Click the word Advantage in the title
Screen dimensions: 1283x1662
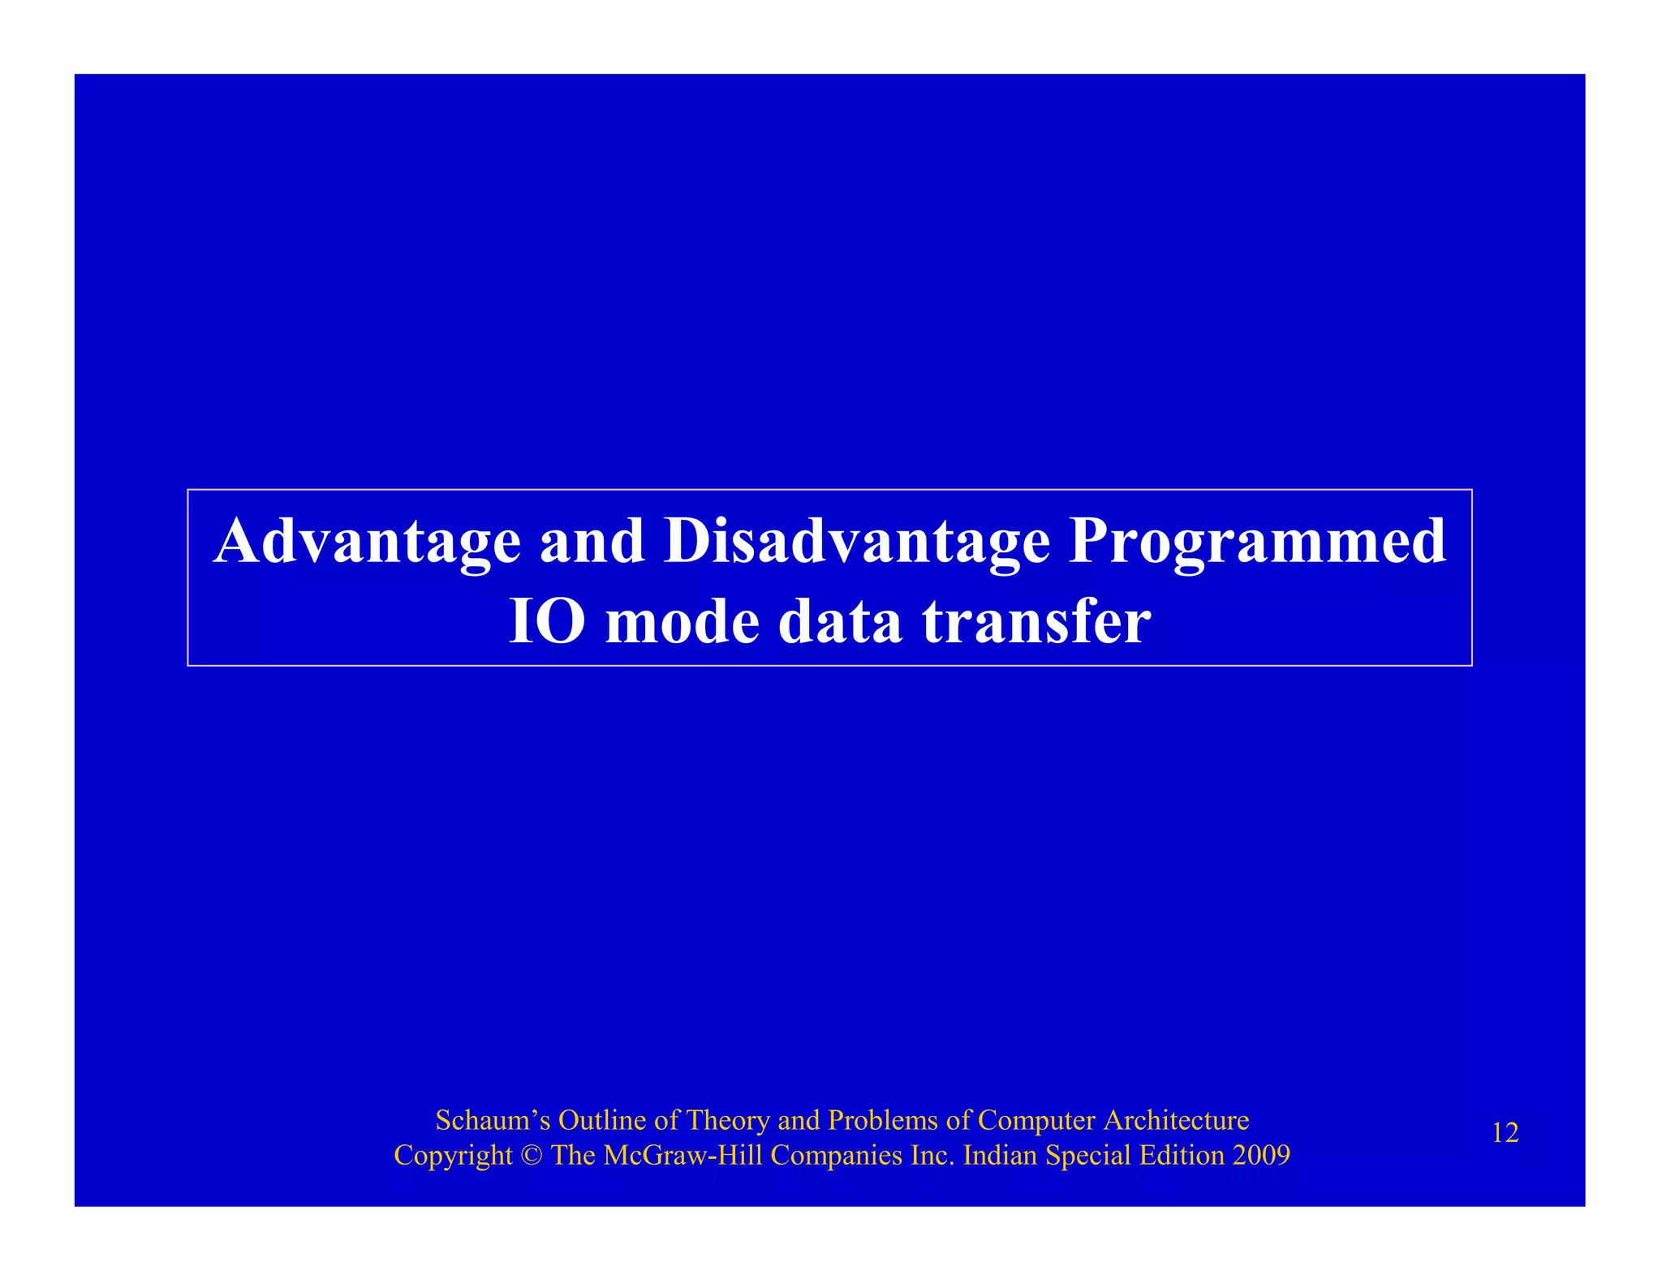pos(367,542)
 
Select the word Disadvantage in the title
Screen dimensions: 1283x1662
pos(856,542)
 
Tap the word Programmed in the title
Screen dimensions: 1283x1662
pos(1257,542)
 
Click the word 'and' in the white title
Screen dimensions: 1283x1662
pos(592,542)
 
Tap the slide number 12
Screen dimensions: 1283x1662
pos(1505,1133)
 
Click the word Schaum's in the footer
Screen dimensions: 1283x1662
pos(493,1120)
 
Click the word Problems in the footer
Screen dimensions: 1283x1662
pos(883,1120)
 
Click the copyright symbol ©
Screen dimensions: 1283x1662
pos(532,1156)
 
